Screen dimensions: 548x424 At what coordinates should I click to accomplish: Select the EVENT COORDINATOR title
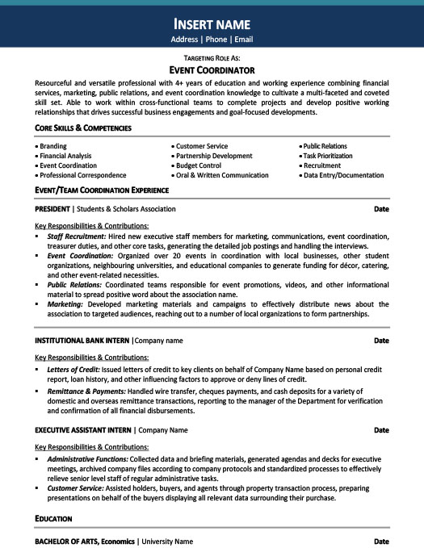[212, 70]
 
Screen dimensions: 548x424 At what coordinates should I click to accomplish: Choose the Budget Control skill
[198, 165]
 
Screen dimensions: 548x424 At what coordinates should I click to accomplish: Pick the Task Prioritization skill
[327, 156]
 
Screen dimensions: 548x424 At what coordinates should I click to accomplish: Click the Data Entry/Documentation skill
[343, 175]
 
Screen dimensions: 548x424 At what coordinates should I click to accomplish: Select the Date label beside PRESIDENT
[382, 209]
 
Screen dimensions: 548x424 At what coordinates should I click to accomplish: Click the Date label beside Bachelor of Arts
[382, 541]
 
